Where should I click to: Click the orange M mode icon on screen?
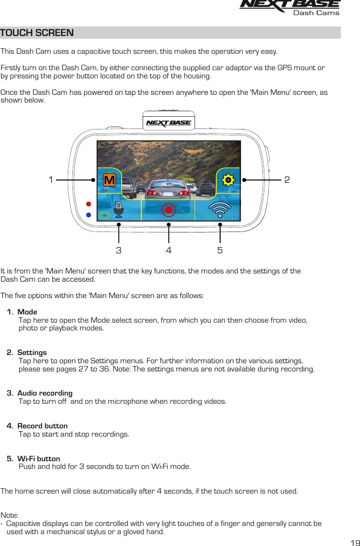click(109, 180)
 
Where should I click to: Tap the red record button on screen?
click(169, 210)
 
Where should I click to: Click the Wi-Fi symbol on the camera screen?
click(220, 210)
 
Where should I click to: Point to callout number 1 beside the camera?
click(51, 180)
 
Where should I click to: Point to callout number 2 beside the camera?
click(287, 180)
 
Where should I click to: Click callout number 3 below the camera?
click(118, 250)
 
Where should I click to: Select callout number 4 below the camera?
click(169, 250)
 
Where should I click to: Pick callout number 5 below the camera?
click(220, 250)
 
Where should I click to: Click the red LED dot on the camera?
click(89, 203)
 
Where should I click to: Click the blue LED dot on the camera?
click(89, 215)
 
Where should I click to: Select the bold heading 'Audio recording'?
click(45, 393)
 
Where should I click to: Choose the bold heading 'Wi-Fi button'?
click(38, 458)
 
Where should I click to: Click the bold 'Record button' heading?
click(42, 426)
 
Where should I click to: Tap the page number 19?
click(355, 543)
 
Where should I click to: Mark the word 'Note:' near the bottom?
click(10, 515)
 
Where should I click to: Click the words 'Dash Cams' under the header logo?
click(316, 13)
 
